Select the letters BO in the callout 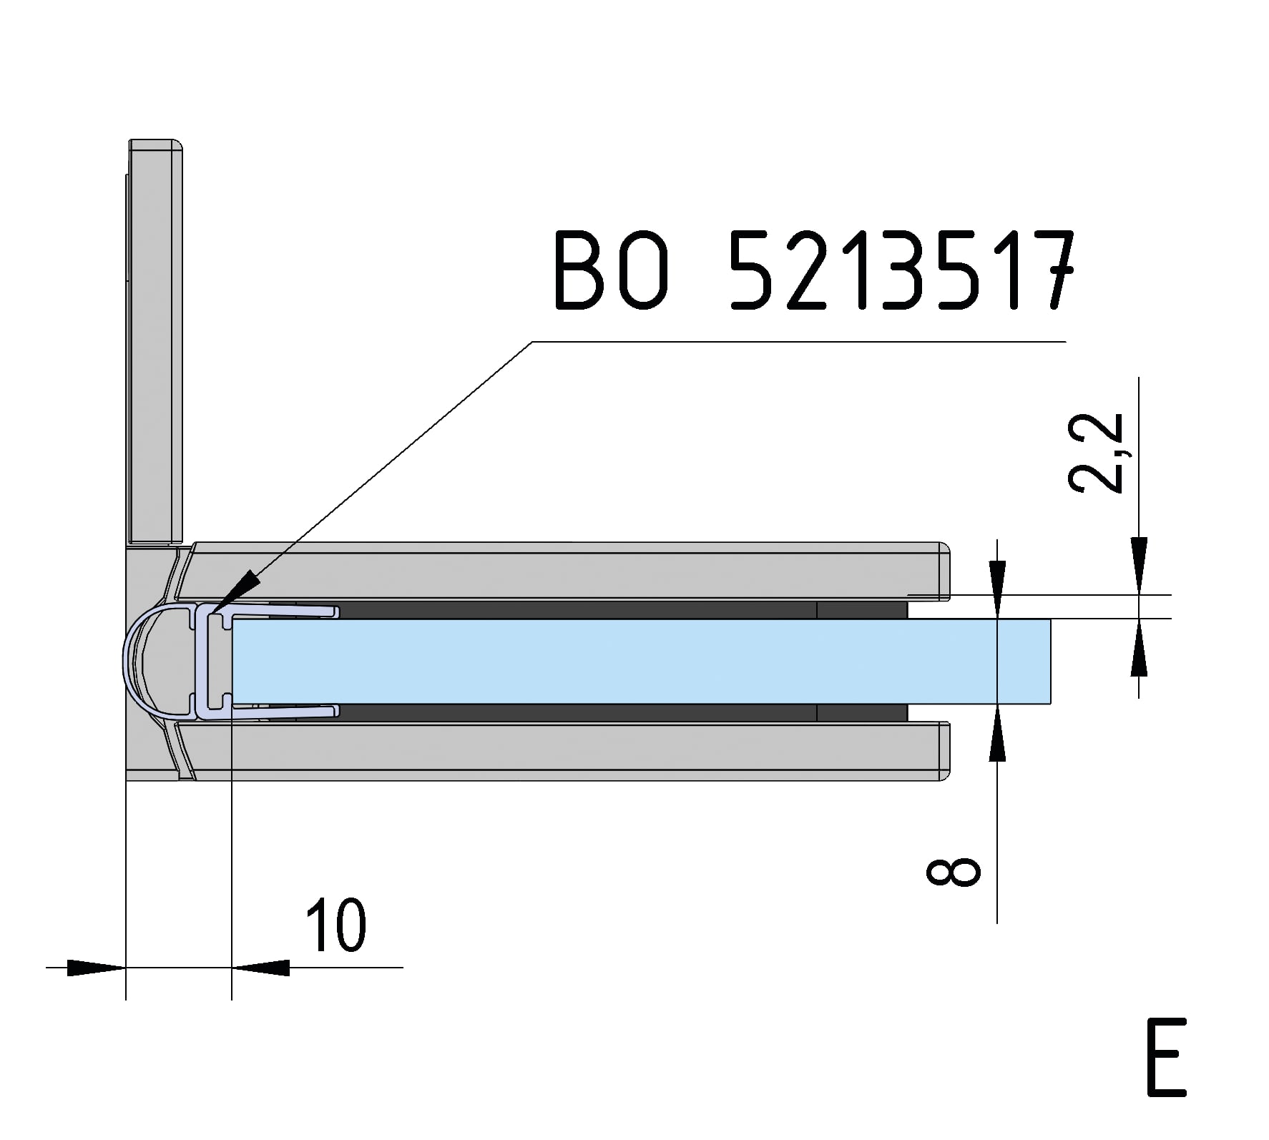click(x=614, y=270)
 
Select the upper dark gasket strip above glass click(x=572, y=610)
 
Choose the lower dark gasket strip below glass click(x=572, y=712)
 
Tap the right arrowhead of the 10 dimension click(x=261, y=968)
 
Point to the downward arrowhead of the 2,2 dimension click(x=1138, y=565)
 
